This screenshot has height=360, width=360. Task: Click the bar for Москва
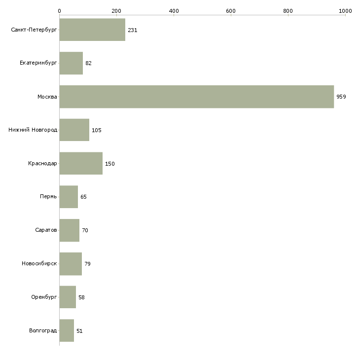pos(196,97)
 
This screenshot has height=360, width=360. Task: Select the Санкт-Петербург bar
pos(92,30)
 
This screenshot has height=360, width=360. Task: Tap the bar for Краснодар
pos(81,164)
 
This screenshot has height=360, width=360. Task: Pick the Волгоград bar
pos(67,331)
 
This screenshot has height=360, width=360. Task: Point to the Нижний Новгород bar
pos(74,130)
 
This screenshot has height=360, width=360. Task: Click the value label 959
pos(341,97)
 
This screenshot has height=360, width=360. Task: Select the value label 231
pos(132,30)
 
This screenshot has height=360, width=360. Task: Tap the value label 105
pos(96,130)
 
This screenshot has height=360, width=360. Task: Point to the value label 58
pos(82,297)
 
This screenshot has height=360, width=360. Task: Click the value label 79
pos(87,264)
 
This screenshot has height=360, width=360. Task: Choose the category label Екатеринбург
pos(38,63)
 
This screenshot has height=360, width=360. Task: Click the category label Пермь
pos(48,197)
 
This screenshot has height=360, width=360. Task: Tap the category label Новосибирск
pos(39,264)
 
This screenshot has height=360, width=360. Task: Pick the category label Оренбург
pos(43,297)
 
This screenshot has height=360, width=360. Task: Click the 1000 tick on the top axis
pos(345,10)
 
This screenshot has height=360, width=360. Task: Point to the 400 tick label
pos(174,10)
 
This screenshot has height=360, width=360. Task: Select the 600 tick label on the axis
pos(231,10)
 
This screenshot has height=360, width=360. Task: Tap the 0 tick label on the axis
pos(59,10)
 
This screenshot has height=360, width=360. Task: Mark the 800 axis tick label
pos(288,10)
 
